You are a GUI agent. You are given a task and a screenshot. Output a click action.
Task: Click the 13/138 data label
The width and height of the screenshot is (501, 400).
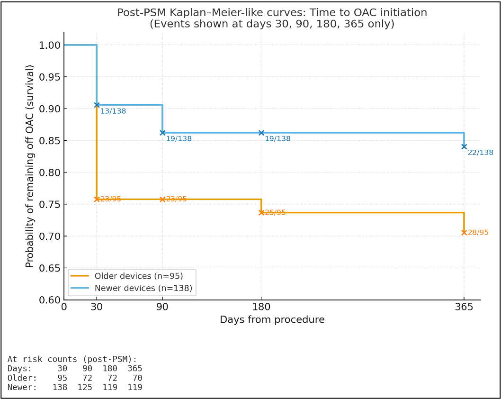click(x=113, y=111)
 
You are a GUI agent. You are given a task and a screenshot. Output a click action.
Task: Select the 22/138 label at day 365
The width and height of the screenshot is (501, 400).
click(x=480, y=153)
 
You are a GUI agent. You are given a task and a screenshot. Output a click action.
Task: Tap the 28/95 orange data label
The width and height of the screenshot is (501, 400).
click(x=478, y=233)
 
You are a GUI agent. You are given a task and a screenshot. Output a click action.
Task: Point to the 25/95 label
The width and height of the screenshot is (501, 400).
click(x=275, y=213)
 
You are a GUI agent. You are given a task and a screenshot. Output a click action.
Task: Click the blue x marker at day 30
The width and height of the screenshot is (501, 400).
click(x=97, y=105)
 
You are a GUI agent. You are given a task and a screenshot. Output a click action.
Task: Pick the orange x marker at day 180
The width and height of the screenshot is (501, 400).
click(x=261, y=212)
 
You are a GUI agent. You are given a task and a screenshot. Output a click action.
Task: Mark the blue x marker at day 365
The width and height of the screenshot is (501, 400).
click(x=464, y=146)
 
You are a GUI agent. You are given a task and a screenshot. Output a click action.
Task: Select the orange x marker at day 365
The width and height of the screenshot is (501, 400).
click(x=464, y=232)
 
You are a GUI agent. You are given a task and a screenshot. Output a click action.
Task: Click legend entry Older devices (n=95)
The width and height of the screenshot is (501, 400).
click(x=138, y=276)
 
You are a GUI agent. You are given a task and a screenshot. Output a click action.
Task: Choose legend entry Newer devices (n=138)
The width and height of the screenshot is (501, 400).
click(x=143, y=288)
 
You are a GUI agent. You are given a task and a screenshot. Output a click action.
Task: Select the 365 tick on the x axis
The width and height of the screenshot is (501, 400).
click(x=464, y=307)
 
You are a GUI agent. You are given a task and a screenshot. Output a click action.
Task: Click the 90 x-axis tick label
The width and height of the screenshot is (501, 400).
click(x=162, y=307)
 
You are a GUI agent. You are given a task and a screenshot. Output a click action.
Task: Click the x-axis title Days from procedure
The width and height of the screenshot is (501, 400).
click(x=272, y=320)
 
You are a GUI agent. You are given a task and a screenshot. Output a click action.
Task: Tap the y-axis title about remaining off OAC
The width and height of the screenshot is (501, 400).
click(x=30, y=166)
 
